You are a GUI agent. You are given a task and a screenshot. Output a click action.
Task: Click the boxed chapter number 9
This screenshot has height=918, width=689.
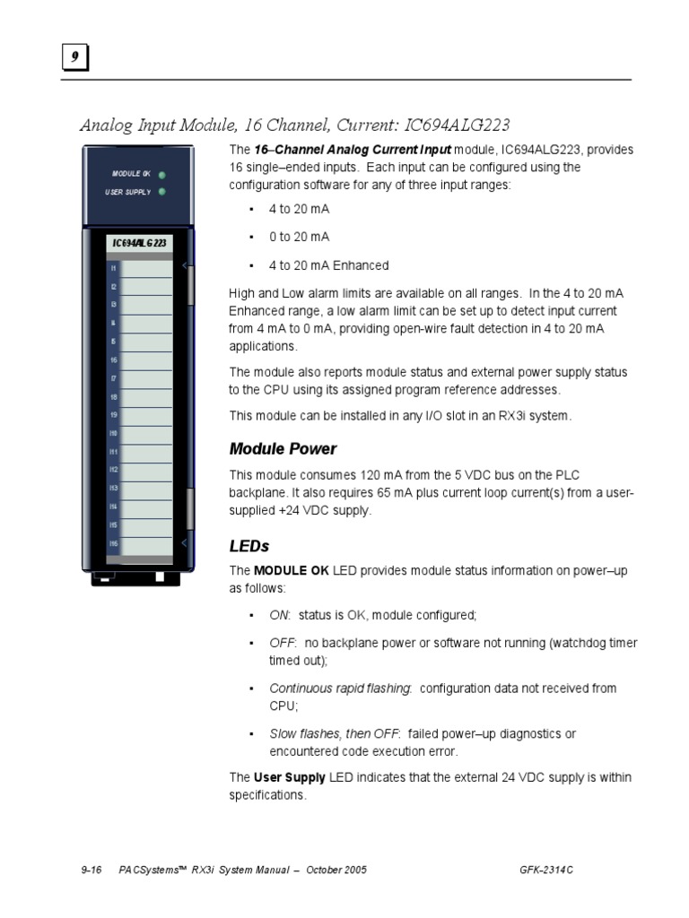74,58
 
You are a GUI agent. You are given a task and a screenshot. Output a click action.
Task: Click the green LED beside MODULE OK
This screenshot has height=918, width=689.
161,175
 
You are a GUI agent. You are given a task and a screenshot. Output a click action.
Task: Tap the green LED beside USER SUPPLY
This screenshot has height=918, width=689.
161,191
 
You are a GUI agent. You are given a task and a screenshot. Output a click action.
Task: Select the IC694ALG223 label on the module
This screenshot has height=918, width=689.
138,243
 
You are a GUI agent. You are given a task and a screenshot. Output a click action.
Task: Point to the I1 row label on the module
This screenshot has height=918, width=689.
114,268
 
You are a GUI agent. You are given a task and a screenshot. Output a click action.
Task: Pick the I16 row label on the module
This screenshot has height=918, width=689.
114,544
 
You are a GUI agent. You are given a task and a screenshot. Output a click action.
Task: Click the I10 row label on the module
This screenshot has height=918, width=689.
114,434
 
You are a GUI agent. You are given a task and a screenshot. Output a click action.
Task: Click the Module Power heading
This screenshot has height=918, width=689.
283,448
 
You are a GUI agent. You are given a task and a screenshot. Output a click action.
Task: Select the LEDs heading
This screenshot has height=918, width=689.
249,546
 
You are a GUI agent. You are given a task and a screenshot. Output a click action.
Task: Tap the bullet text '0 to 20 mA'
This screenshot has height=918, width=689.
299,237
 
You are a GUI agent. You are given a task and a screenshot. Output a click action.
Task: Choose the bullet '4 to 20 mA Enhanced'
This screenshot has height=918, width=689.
328,265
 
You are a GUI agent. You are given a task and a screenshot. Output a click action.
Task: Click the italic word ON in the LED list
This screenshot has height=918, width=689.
279,615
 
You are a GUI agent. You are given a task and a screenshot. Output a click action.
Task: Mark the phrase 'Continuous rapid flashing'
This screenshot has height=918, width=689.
340,688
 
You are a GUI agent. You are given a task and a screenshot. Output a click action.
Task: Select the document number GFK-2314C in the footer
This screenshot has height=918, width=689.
553,870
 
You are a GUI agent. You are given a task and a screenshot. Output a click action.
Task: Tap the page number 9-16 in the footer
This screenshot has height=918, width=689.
92,870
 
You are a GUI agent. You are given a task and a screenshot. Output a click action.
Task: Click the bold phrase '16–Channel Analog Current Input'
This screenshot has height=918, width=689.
353,150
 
